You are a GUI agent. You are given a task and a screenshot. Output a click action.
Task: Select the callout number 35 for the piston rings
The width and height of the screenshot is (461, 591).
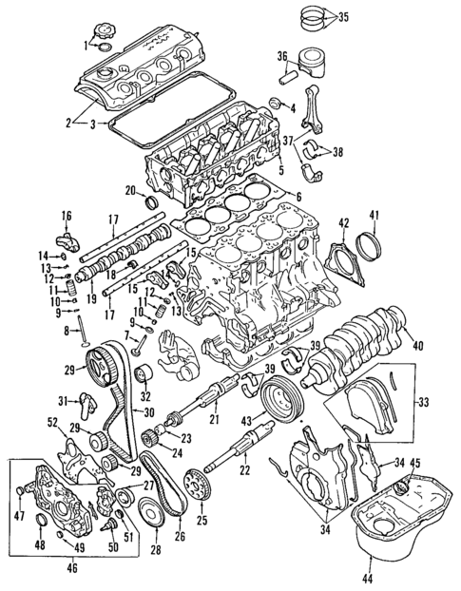(x=343, y=16)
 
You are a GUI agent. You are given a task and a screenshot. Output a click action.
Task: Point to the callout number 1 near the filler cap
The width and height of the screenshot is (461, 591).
(x=85, y=45)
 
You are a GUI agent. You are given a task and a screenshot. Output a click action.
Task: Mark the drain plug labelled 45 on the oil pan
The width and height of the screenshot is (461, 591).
(x=400, y=490)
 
